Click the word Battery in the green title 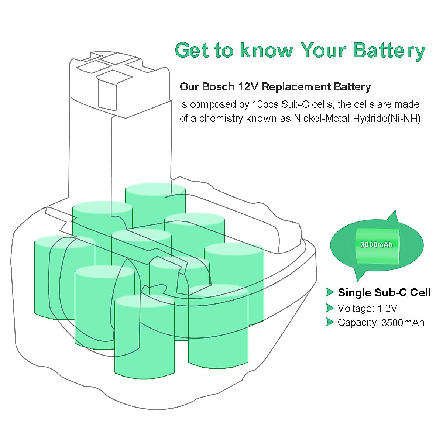point(389,50)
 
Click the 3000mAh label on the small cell point(377,245)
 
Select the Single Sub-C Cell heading point(384,293)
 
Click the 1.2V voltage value point(388,308)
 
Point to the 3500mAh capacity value point(403,323)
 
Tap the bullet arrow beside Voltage point(330,308)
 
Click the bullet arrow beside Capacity point(330,322)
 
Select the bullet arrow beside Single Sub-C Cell point(330,292)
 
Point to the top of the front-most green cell point(144,301)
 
